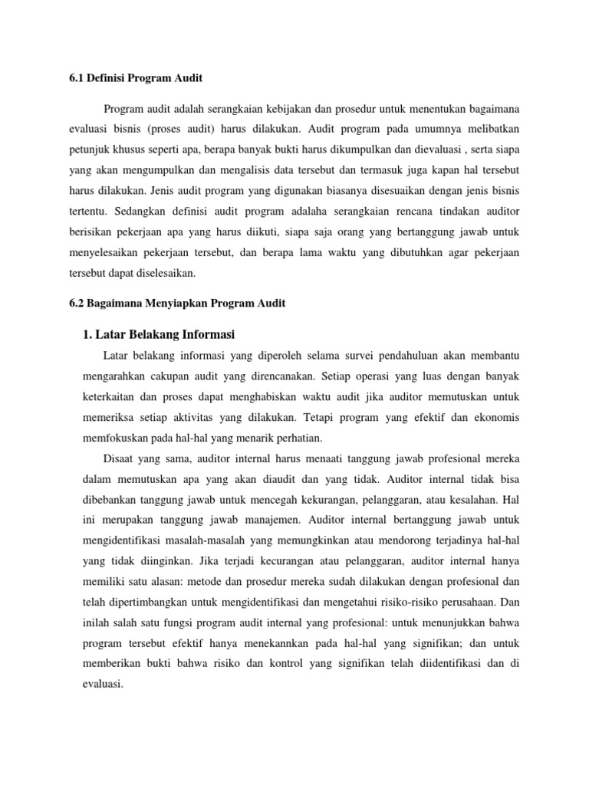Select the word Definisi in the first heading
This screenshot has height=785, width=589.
point(108,78)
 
